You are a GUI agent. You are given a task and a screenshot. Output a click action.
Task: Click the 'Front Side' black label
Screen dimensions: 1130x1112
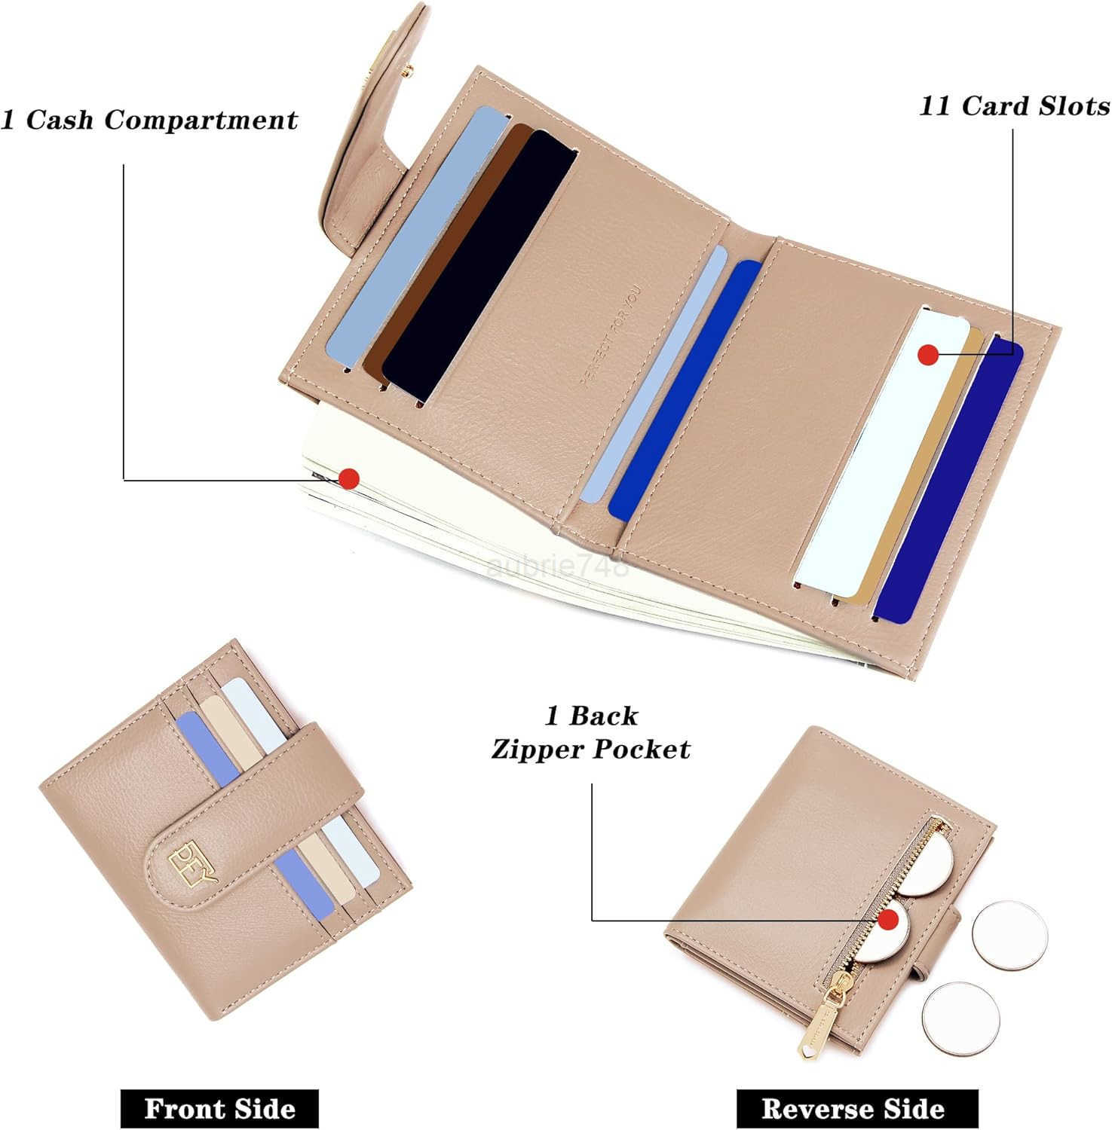[x=219, y=1108]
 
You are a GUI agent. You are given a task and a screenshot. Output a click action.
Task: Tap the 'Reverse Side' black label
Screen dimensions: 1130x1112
[x=853, y=1108]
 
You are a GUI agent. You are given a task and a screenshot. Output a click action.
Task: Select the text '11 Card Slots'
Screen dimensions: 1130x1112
[x=1014, y=106]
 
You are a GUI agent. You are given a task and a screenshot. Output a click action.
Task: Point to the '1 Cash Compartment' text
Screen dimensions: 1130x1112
[x=149, y=120]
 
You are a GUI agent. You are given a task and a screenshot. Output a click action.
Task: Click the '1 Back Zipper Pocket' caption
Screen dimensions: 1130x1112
[x=591, y=732]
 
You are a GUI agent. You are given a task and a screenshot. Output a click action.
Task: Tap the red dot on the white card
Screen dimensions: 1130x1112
[x=928, y=354]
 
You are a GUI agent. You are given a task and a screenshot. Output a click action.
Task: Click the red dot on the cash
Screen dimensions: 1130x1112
[x=348, y=478]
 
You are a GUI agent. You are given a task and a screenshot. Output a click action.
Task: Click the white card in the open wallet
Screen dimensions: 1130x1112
[x=882, y=452]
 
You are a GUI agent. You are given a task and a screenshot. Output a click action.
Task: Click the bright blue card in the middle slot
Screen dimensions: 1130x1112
[x=686, y=392]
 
